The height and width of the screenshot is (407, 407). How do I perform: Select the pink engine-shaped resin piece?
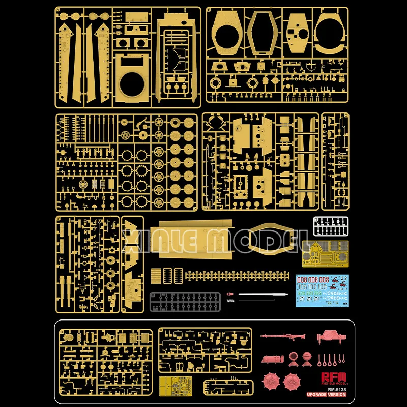(332, 336)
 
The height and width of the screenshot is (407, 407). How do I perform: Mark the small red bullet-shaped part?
(229, 294)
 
